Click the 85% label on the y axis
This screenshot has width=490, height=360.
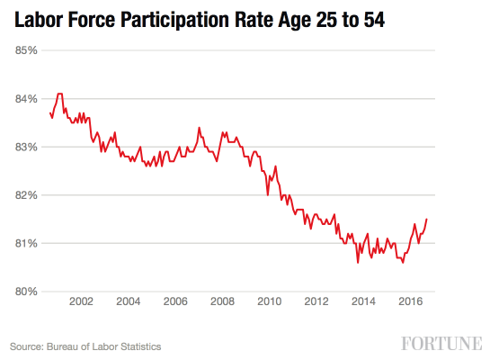(25, 49)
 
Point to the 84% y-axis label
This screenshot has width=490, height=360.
(25, 98)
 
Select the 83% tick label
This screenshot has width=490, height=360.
(25, 147)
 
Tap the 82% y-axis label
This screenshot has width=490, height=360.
(25, 195)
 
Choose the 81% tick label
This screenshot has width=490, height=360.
(25, 243)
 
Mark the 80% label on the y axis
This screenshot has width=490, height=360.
(25, 292)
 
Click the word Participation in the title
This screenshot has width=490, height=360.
(195, 19)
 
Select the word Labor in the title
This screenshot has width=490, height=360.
(36, 18)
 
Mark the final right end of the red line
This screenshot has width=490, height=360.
(426, 220)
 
